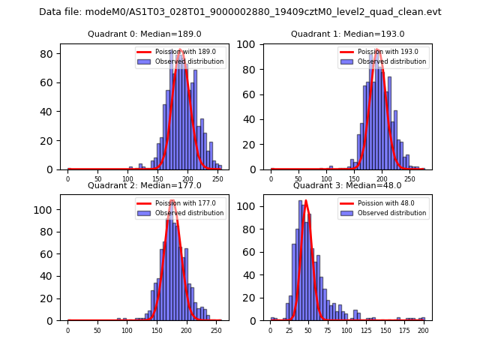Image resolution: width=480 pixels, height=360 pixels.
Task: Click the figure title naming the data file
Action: click(240, 12)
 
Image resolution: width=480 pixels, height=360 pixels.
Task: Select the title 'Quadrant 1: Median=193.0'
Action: click(347, 34)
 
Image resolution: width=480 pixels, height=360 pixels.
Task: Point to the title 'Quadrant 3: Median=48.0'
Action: click(347, 185)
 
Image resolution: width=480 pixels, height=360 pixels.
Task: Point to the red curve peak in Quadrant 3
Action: click(306, 200)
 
